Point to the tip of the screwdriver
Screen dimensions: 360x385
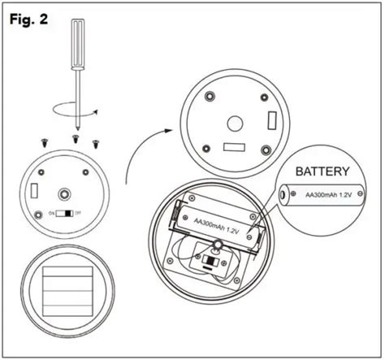(76, 128)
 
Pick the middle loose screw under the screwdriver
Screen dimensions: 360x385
(76, 138)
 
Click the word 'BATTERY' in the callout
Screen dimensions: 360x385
(322, 172)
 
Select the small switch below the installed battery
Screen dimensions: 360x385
(211, 262)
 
